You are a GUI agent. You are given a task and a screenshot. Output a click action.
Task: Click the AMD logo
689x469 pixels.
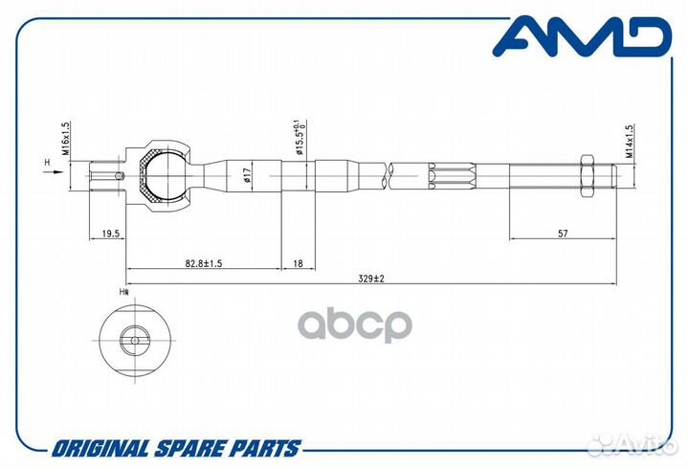click(x=582, y=36)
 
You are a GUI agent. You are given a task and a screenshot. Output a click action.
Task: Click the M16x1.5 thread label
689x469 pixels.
click(x=65, y=138)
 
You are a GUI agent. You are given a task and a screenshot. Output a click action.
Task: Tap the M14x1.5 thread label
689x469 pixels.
click(x=630, y=141)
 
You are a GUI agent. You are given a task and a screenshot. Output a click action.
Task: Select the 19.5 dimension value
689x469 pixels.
click(x=111, y=234)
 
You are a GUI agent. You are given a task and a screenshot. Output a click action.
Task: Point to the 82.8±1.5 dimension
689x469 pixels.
click(x=204, y=263)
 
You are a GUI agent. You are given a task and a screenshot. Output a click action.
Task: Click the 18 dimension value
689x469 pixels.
click(x=298, y=263)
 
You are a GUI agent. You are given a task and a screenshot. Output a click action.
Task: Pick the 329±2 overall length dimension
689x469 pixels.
click(x=371, y=279)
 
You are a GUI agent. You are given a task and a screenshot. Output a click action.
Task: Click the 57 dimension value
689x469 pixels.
click(x=563, y=234)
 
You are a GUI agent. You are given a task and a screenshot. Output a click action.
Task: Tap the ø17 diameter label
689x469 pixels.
click(x=247, y=175)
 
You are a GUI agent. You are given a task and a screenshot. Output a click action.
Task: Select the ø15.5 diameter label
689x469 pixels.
click(x=300, y=137)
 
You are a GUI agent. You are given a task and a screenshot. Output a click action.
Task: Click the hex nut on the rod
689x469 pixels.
click(x=587, y=176)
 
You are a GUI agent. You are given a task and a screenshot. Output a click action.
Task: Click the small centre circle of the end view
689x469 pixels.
click(x=135, y=340)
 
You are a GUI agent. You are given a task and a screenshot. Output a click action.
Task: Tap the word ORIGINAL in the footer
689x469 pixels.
click(x=101, y=449)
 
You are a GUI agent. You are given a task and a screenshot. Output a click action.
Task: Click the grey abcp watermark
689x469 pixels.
click(x=355, y=325)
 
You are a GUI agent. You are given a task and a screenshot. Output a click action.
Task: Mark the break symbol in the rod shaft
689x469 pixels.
click(x=388, y=176)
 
